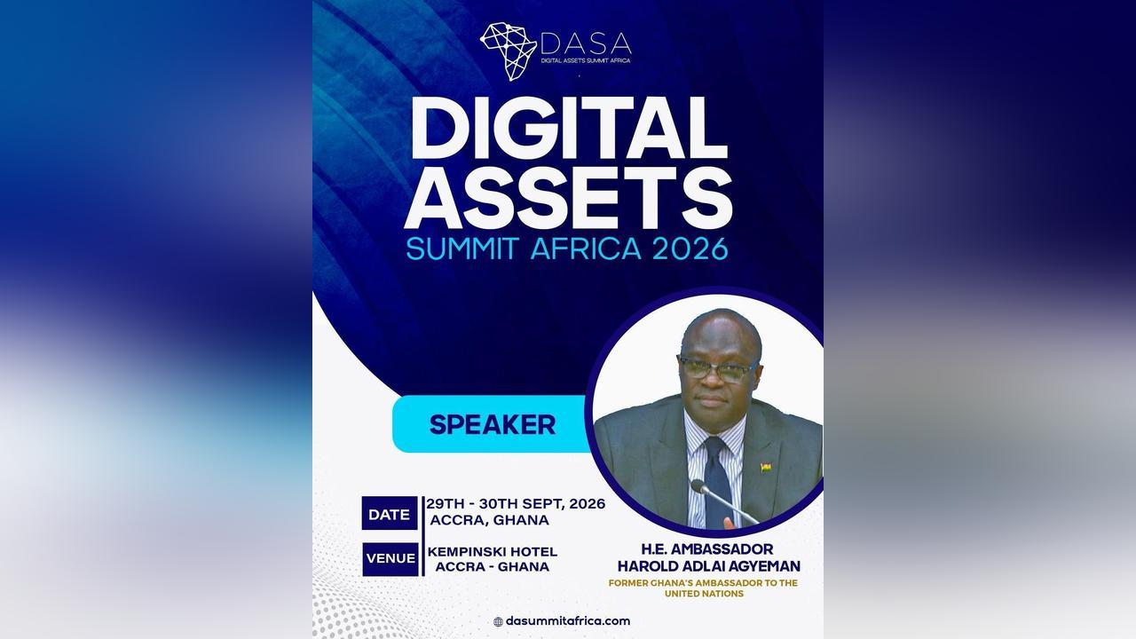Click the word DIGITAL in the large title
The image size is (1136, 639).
coord(569,129)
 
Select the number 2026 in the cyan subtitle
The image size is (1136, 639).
coord(690,249)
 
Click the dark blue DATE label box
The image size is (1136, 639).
coord(390,513)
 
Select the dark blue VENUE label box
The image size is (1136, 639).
coord(390,559)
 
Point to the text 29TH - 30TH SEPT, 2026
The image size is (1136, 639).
coord(516,504)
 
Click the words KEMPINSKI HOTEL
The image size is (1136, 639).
coord(493,552)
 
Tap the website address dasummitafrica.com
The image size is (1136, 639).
coord(568,621)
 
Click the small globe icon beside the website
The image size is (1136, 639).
coord(498,622)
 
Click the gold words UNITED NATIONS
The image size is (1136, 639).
coord(705,594)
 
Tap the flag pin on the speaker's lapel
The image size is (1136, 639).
coord(766,467)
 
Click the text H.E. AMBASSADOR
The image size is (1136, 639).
coord(707,549)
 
